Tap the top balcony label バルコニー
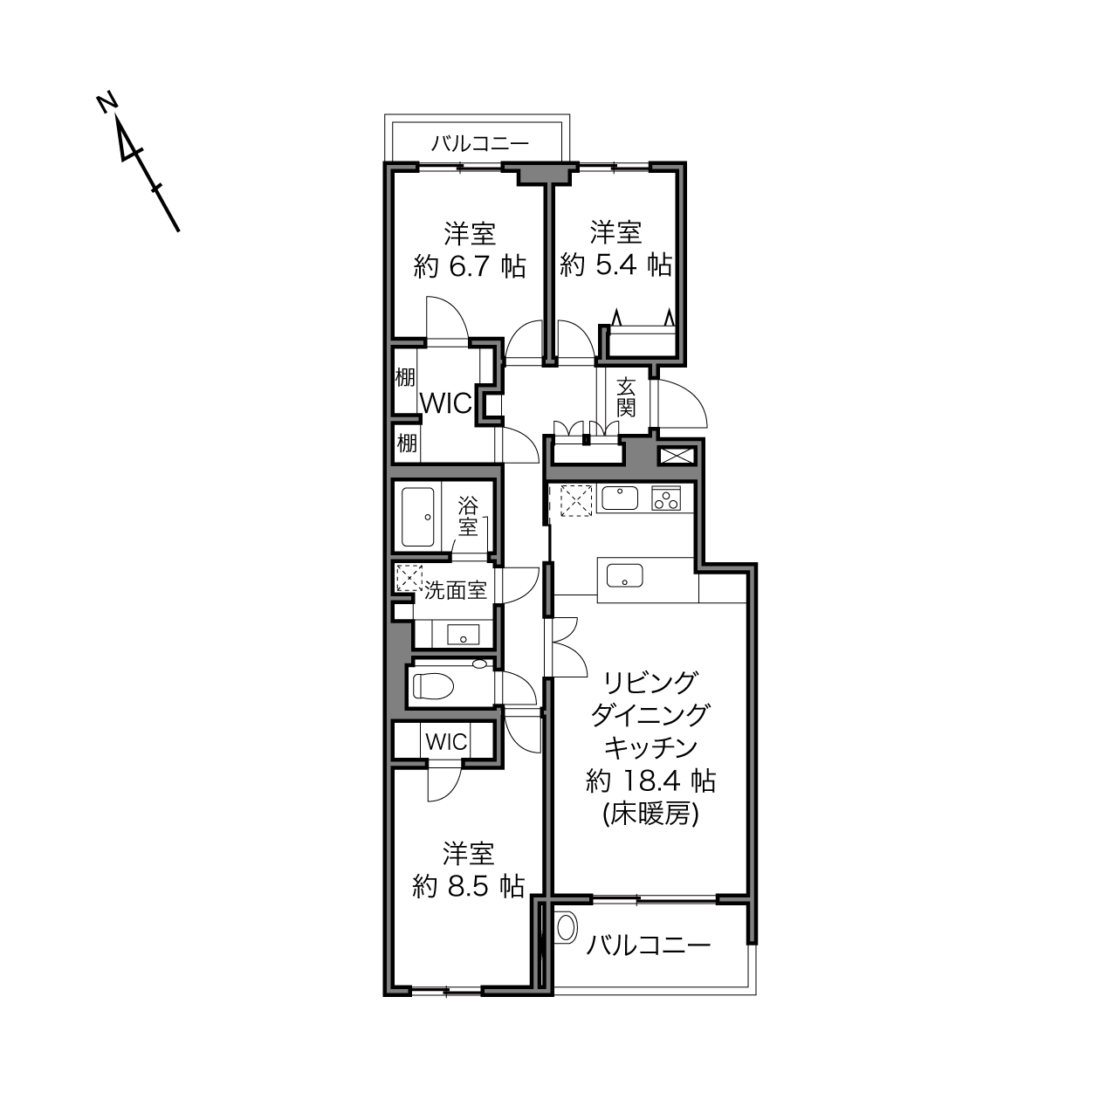[x=480, y=143]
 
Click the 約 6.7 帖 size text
[x=470, y=266]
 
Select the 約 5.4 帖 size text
[x=616, y=265]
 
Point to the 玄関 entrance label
[x=626, y=397]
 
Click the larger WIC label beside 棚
[x=446, y=404]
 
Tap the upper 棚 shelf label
[x=405, y=377]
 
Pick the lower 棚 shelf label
[x=407, y=443]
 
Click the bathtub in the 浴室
[x=418, y=516]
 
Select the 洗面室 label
[x=456, y=590]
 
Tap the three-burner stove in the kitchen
[x=666, y=498]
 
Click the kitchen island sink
[x=624, y=575]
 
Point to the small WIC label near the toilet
[x=446, y=741]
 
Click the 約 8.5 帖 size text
[x=469, y=887]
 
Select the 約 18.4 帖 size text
[x=650, y=781]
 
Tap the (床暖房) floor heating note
[x=650, y=815]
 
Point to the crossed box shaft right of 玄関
[x=676, y=456]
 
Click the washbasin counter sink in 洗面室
[x=463, y=635]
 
